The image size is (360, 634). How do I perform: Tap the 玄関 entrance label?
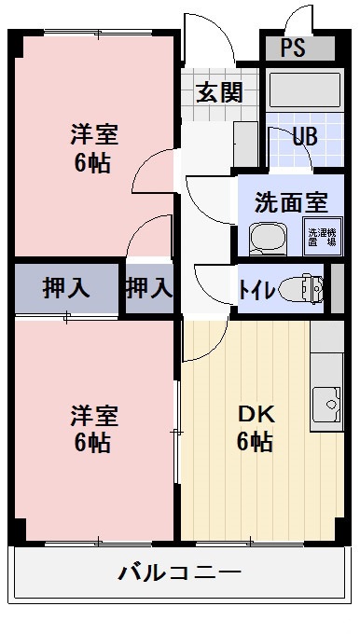pyautogui.click(x=220, y=92)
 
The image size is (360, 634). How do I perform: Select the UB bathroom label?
pyautogui.click(x=304, y=136)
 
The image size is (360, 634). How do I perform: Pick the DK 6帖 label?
pyautogui.click(x=254, y=428)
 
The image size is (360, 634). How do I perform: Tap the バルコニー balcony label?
pyautogui.click(x=180, y=572)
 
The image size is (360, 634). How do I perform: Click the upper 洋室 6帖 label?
pyautogui.click(x=93, y=148)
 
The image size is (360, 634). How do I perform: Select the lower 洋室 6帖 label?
pyautogui.click(x=93, y=428)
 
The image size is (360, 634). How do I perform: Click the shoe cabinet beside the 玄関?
pyautogui.click(x=245, y=144)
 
